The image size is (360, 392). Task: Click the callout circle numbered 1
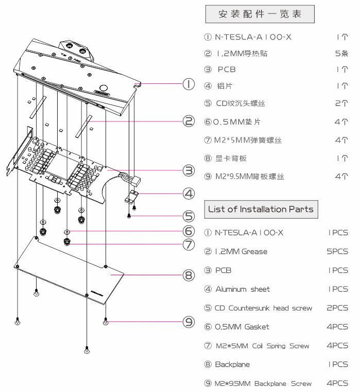[x=188, y=84]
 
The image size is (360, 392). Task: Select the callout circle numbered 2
[x=188, y=121]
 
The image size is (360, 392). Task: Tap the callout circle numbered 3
[x=188, y=170]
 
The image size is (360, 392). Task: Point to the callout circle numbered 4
[x=188, y=194]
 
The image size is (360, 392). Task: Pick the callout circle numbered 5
[x=188, y=217]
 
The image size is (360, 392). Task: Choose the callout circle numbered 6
[x=188, y=231]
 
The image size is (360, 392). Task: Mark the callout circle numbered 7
[x=188, y=244]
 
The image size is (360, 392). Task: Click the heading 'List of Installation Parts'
[x=261, y=209]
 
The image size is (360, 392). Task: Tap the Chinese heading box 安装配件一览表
[x=260, y=14]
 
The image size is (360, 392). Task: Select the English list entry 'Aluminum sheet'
[x=242, y=289]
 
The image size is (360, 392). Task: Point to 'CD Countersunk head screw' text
[x=263, y=308]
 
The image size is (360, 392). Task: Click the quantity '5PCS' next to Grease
[x=338, y=252]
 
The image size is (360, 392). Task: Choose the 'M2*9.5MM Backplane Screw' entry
[x=263, y=383]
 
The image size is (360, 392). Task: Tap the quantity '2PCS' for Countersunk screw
[x=338, y=308]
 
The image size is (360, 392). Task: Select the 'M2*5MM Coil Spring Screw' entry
[x=262, y=346]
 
